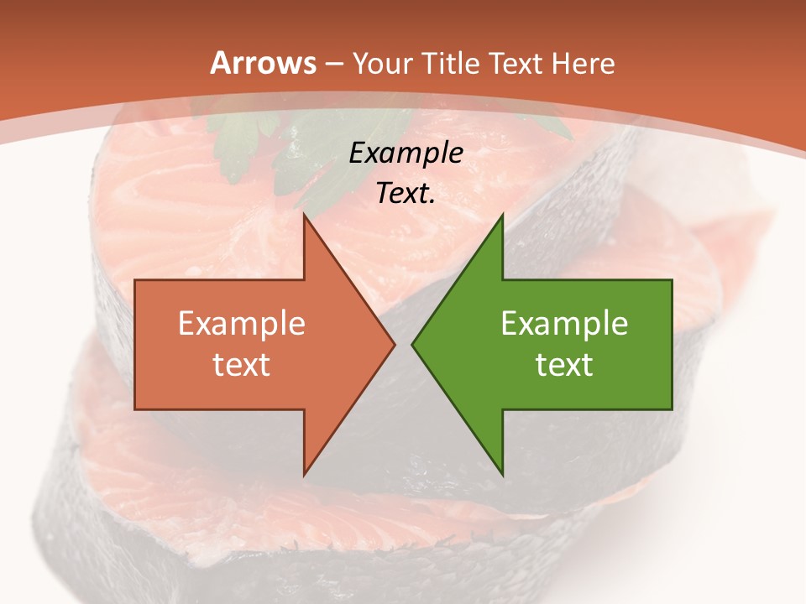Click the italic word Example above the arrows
(406, 154)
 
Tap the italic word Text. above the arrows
(406, 194)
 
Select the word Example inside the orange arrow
(242, 324)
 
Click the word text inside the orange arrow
(242, 365)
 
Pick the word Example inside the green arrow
(564, 324)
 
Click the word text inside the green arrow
(564, 365)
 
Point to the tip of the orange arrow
(395, 344)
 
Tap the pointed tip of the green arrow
(412, 344)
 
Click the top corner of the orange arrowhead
(304, 215)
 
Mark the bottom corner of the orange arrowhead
(304, 475)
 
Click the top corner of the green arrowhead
(502, 215)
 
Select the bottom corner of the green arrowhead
(502, 475)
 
